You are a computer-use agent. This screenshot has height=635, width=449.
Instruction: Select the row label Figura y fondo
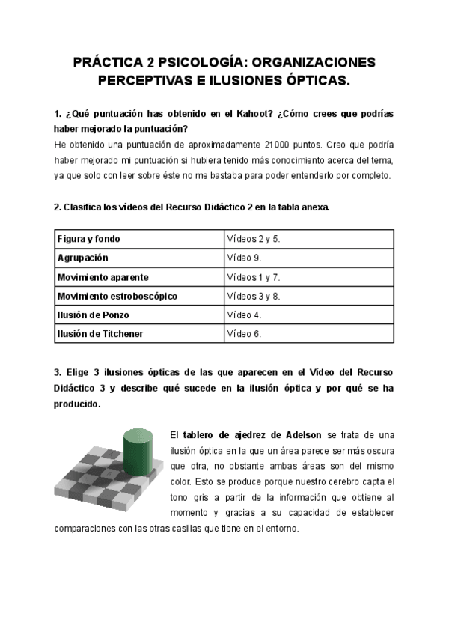[88, 239]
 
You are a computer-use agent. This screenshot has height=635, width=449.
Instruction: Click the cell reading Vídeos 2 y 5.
[253, 239]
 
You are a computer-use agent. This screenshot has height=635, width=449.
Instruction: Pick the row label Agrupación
[82, 258]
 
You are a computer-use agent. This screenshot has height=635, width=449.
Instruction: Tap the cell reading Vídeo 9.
[244, 258]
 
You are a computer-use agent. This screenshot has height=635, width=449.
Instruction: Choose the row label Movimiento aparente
[103, 277]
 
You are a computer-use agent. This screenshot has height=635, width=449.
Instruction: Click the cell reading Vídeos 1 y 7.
[253, 277]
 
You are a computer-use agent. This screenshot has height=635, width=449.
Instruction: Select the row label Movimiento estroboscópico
[117, 296]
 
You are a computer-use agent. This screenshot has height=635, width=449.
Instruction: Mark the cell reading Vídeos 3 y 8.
[253, 296]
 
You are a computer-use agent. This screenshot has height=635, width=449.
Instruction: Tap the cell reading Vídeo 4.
[244, 315]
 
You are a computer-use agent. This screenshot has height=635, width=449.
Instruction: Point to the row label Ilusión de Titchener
[100, 334]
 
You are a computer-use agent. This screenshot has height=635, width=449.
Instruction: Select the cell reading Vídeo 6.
[244, 334]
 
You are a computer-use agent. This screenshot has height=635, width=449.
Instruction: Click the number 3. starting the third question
[58, 373]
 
